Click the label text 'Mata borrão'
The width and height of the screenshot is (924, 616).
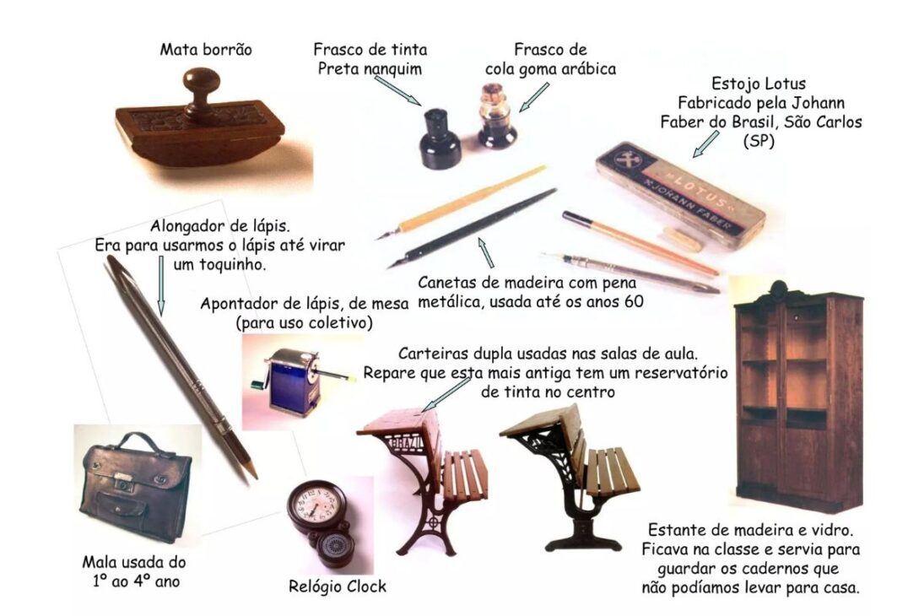point(206,50)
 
